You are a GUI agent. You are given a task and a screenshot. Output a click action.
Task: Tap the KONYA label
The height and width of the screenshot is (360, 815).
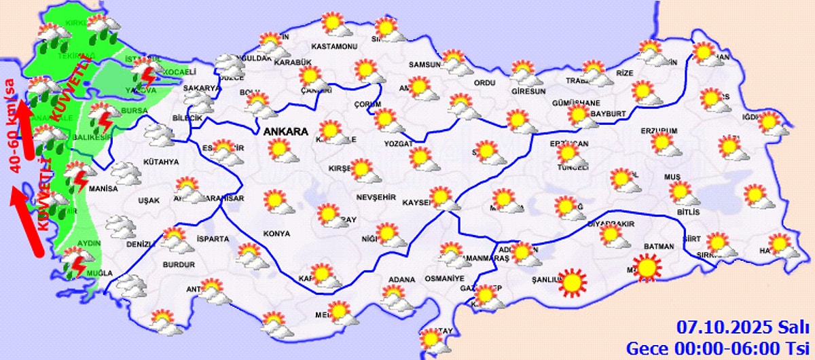276,233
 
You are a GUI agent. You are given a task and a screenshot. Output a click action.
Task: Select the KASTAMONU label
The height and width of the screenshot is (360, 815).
333,46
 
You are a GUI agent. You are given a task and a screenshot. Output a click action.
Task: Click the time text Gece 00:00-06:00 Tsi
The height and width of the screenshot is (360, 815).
719,348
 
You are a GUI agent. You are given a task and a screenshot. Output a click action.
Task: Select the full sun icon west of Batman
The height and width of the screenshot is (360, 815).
647,266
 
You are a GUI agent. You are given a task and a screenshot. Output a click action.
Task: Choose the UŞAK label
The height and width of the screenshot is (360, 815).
148,200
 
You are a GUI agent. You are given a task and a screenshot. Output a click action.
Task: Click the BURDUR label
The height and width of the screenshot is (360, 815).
179,264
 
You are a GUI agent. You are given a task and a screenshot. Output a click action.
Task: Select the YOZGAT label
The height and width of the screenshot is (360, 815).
398,143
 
